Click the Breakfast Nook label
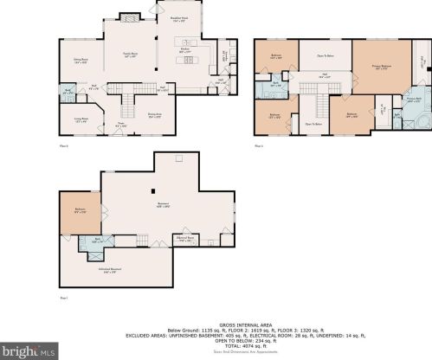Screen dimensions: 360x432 coord(180,19)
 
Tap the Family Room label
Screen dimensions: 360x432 coord(128,55)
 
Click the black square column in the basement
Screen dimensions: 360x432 coord(153,191)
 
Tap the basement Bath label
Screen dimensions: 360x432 coord(98,241)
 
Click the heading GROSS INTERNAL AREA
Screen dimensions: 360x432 coord(216,325)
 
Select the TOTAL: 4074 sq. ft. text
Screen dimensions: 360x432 coord(216,346)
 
